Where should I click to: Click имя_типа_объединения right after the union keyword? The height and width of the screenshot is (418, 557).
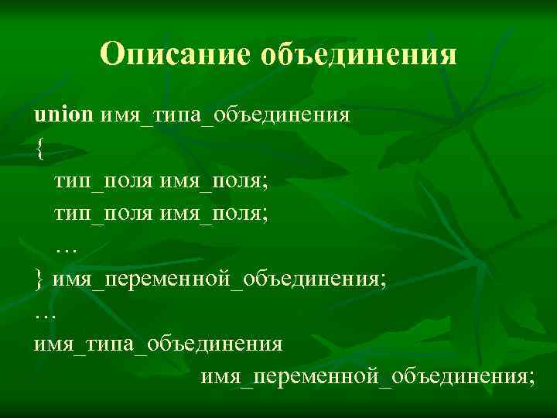tap(225, 116)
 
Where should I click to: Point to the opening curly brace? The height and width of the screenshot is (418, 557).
tap(39, 150)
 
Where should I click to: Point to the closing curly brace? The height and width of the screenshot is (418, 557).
tap(39, 279)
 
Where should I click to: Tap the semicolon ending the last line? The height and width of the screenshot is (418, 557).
tap(531, 377)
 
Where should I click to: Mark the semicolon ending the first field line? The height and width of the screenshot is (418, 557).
tap(265, 184)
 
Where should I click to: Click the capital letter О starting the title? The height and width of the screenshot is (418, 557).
tap(113, 54)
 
